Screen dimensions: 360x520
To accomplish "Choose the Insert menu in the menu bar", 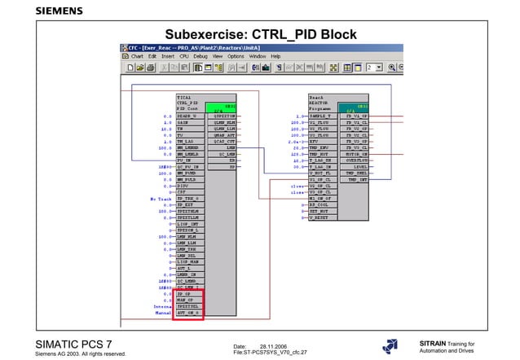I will point(168,56).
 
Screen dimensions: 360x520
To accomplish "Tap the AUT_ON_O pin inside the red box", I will point(188,312).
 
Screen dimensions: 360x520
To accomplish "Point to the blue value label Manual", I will point(161,312).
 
